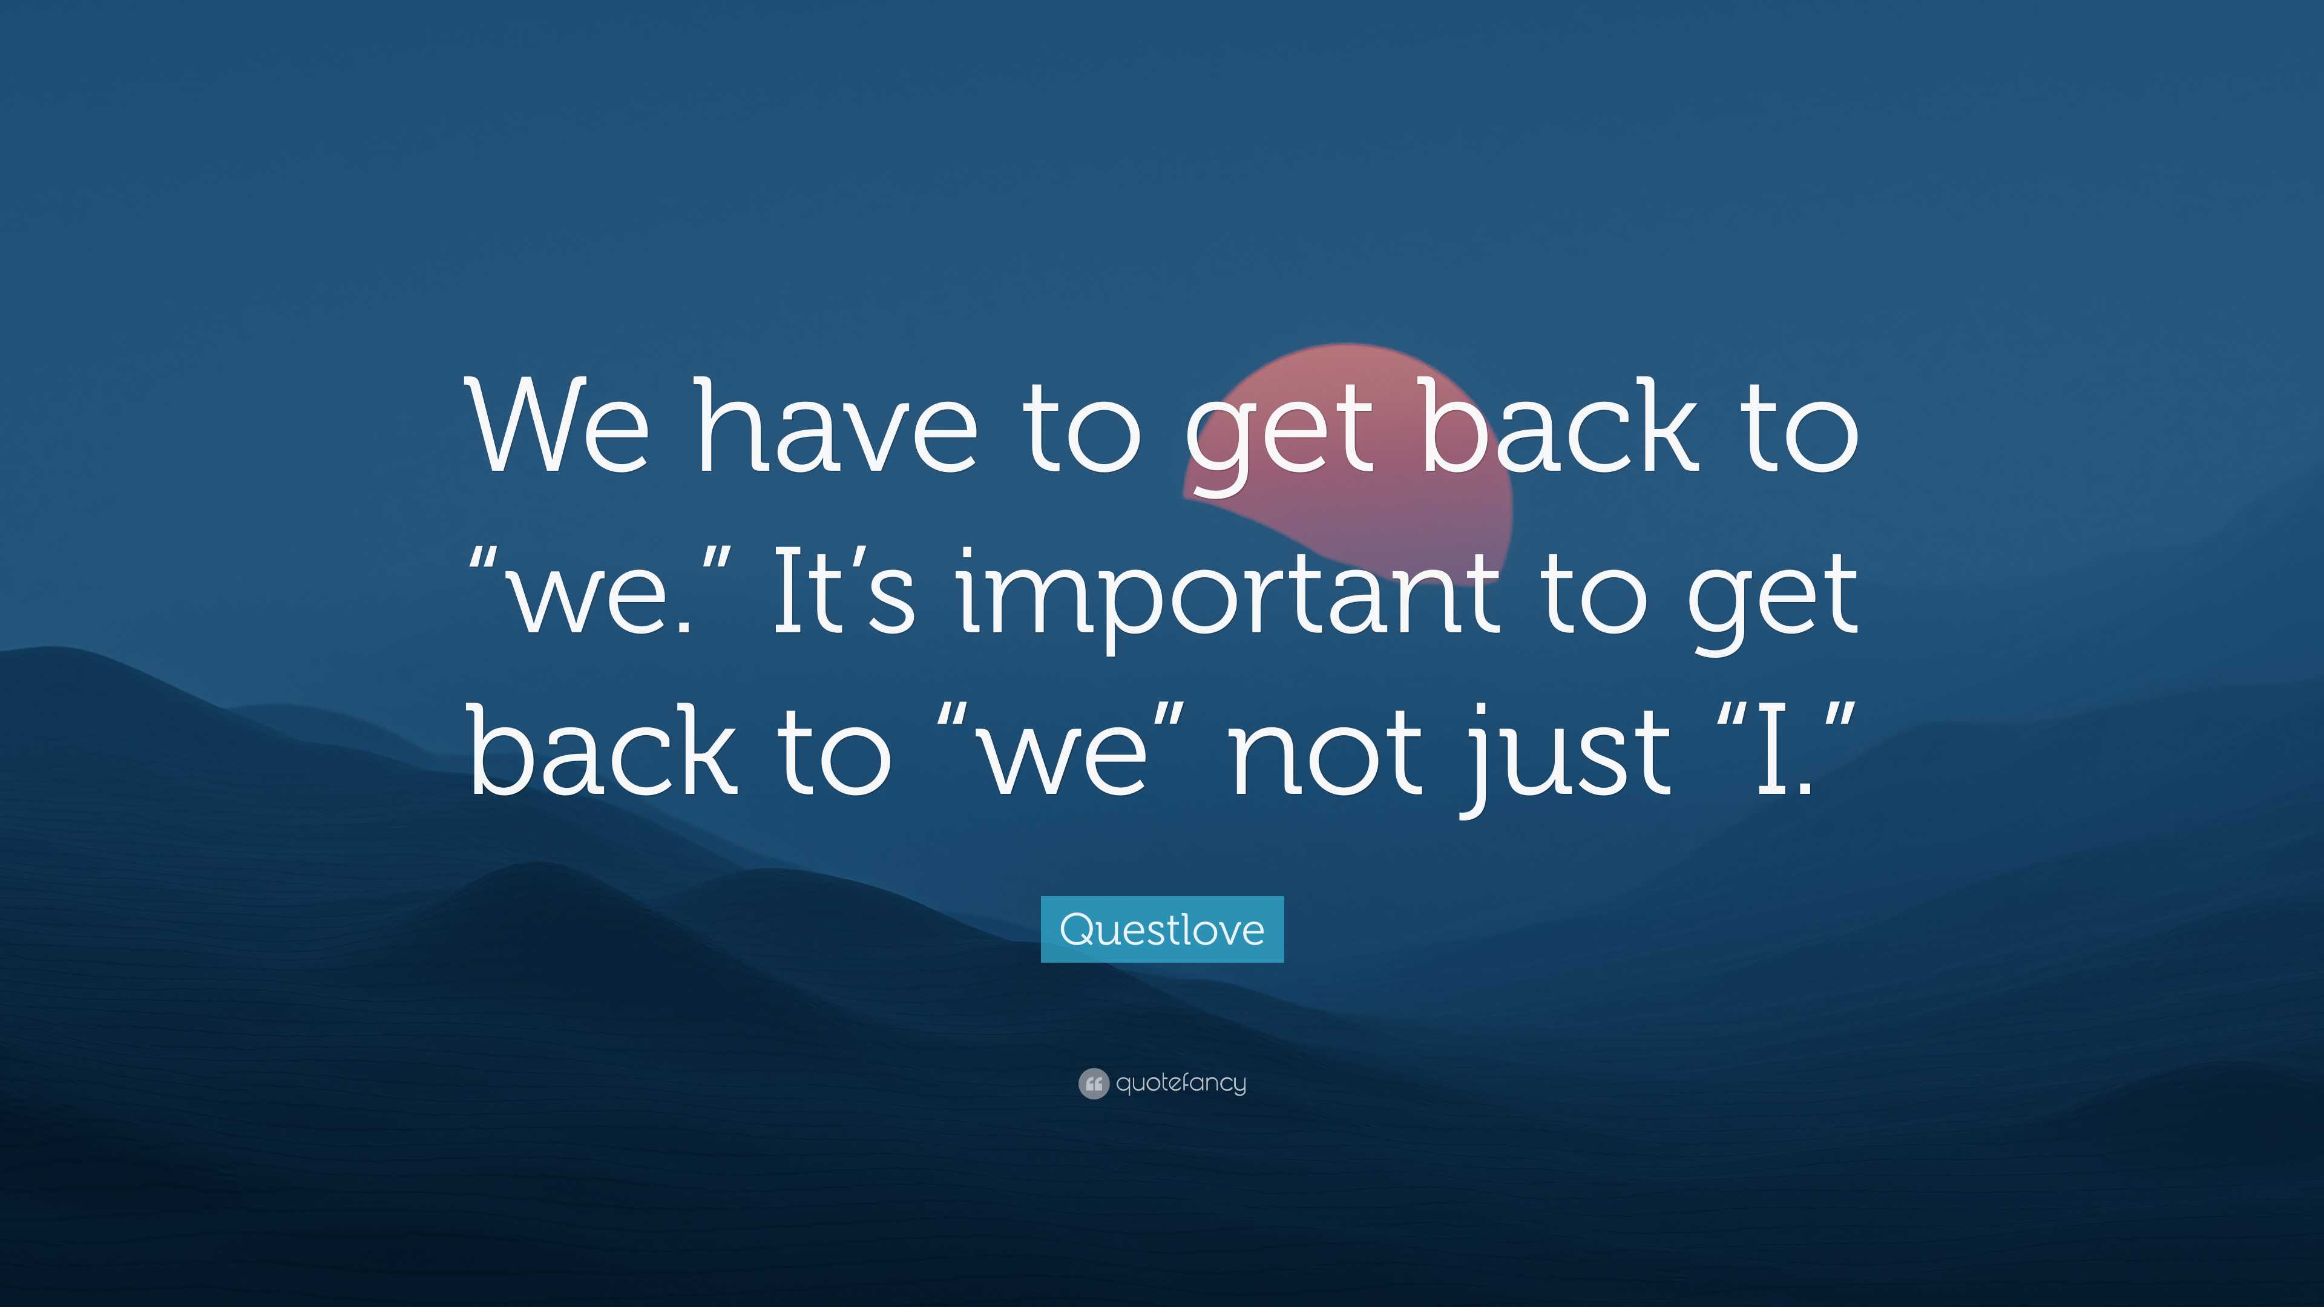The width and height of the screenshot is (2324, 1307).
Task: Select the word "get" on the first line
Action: [1278, 436]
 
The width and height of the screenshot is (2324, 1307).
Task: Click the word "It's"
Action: [844, 587]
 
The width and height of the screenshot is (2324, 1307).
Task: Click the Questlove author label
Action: [1162, 929]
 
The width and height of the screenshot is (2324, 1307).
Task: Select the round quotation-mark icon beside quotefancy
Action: [1094, 1083]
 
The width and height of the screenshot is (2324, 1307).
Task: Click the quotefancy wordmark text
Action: [1181, 1083]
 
